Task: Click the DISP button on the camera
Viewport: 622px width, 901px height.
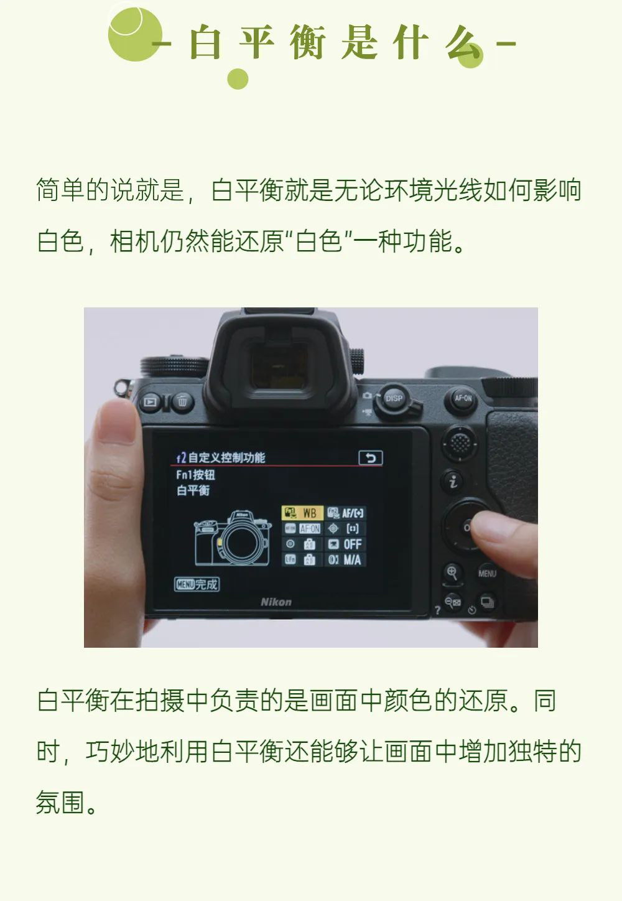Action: point(393,398)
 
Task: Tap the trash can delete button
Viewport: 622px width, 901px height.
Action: point(182,401)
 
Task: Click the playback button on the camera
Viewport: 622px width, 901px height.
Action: point(151,401)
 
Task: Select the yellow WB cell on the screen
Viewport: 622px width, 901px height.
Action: point(302,513)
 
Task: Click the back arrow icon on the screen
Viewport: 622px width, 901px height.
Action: point(370,458)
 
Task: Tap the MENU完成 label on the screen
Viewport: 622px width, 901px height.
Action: point(197,584)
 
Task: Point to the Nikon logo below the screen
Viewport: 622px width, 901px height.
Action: point(276,602)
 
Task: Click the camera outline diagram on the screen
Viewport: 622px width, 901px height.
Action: point(233,538)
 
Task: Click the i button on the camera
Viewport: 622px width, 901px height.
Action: point(453,481)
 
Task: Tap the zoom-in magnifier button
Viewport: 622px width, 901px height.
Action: point(452,572)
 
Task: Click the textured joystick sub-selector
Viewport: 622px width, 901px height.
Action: point(460,444)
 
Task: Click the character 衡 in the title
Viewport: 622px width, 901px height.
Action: point(307,42)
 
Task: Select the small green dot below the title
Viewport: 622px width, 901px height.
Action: point(238,79)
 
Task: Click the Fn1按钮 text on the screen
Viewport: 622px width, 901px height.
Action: point(195,475)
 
